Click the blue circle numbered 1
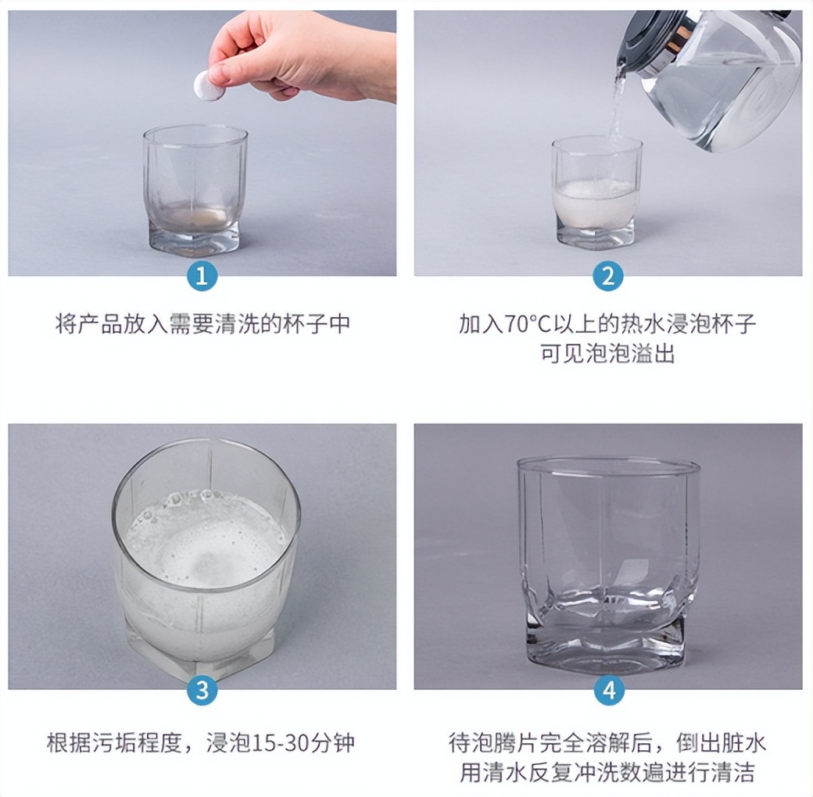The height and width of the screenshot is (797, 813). (202, 276)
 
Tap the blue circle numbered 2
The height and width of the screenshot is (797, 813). (607, 276)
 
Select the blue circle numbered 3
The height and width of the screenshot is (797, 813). (202, 690)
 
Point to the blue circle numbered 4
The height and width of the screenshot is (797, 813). (609, 690)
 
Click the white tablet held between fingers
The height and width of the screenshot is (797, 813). (210, 84)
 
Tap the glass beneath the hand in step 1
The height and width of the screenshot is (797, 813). (195, 190)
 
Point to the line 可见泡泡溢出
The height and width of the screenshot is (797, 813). (607, 354)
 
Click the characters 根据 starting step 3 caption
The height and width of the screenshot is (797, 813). (70, 742)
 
